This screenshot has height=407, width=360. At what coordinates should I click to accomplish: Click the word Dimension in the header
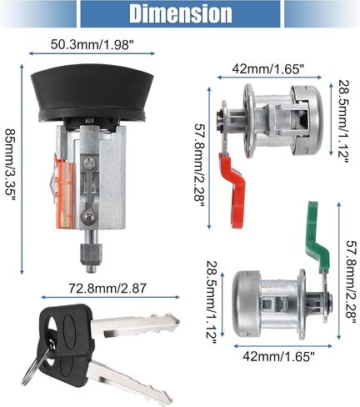pyautogui.click(x=181, y=13)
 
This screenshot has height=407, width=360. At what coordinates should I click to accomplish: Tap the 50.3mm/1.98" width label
pyautogui.click(x=91, y=44)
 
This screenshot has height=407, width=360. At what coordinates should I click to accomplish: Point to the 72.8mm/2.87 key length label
pyautogui.click(x=107, y=289)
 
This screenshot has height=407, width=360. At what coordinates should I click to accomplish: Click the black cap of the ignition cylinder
pyautogui.click(x=92, y=94)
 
